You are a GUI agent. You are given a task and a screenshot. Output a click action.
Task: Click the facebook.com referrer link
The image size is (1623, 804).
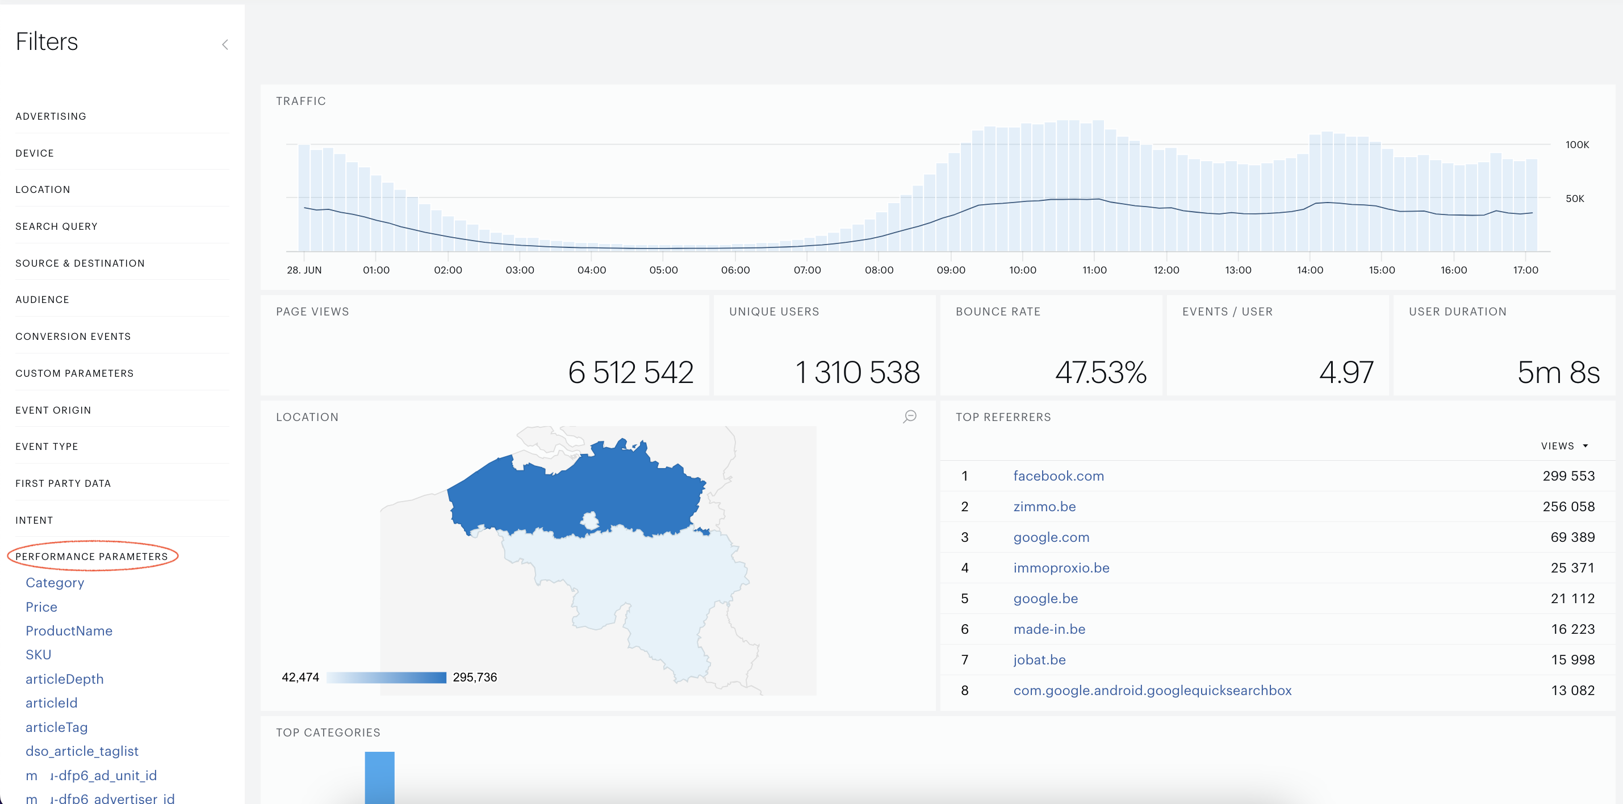pos(1059,476)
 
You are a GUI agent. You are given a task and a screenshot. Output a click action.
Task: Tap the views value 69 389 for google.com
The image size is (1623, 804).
pos(1572,537)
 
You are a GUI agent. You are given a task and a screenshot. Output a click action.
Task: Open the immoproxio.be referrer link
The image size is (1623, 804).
pos(1061,568)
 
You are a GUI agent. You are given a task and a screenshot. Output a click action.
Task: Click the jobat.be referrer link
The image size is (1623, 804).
pos(1040,660)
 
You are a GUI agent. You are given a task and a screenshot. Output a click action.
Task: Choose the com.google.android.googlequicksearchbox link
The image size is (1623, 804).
pos(1152,691)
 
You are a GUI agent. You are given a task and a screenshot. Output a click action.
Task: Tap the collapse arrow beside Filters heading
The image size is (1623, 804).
pos(225,44)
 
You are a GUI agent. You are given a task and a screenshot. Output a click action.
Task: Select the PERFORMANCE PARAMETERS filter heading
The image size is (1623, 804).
pos(92,557)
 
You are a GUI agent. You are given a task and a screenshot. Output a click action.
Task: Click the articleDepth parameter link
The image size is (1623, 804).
pos(65,679)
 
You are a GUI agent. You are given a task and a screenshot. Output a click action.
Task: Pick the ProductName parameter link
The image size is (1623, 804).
pos(69,631)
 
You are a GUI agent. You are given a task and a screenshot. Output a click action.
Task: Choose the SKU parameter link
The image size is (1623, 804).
pos(39,655)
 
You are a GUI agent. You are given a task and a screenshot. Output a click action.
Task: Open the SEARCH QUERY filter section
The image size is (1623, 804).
pos(57,226)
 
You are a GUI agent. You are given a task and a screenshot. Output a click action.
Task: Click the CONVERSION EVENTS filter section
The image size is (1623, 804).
pos(73,337)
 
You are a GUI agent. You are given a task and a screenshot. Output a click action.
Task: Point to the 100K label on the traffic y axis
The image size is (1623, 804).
pos(1577,145)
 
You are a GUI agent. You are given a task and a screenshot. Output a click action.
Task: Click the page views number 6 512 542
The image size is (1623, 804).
pos(631,372)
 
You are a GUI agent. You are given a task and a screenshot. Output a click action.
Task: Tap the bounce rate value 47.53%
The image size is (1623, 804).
pos(1101,372)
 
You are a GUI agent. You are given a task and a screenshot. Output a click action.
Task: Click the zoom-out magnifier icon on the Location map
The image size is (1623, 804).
pos(910,417)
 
